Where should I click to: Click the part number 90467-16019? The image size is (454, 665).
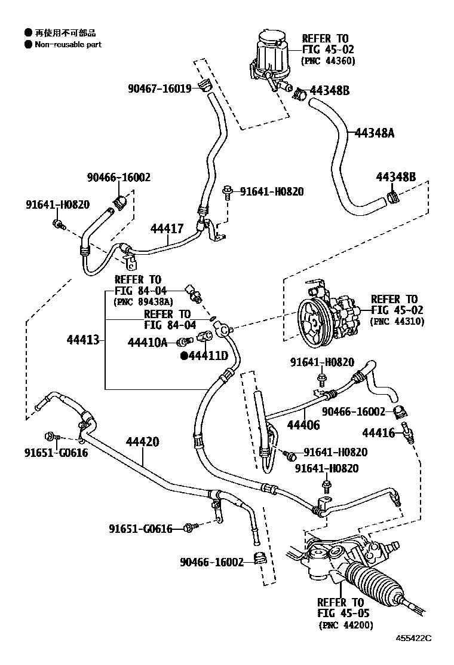(x=159, y=89)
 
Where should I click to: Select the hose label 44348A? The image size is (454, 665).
(x=375, y=133)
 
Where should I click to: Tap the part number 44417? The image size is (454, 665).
(x=167, y=228)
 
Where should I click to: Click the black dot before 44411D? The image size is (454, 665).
(x=185, y=356)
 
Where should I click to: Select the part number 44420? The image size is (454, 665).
(x=142, y=442)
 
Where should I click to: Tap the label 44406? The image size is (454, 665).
(x=303, y=425)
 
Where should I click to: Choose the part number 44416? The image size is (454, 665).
(x=379, y=432)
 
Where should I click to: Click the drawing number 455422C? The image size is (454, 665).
(x=427, y=654)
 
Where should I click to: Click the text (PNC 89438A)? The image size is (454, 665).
(x=142, y=301)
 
